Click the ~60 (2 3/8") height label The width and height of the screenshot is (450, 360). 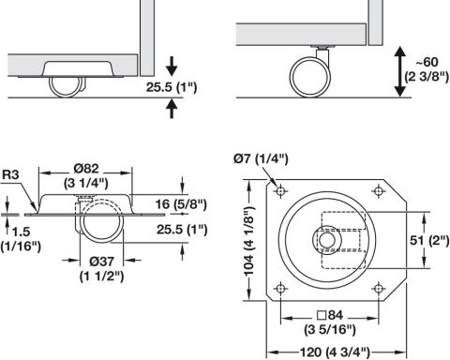tap(427, 69)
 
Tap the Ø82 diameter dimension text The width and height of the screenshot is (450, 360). tap(86, 175)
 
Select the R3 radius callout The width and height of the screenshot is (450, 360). tap(10, 174)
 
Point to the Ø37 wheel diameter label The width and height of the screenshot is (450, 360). tap(101, 269)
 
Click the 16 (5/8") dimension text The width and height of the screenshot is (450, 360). tap(181, 204)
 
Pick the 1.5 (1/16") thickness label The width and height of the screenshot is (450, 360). tap(21, 239)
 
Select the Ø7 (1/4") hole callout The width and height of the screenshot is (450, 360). tap(261, 159)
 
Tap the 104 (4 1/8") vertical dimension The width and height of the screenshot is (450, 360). tap(249, 241)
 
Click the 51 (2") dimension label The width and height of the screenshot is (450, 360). tap(429, 240)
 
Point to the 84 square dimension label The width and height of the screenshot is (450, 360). tap(330, 322)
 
